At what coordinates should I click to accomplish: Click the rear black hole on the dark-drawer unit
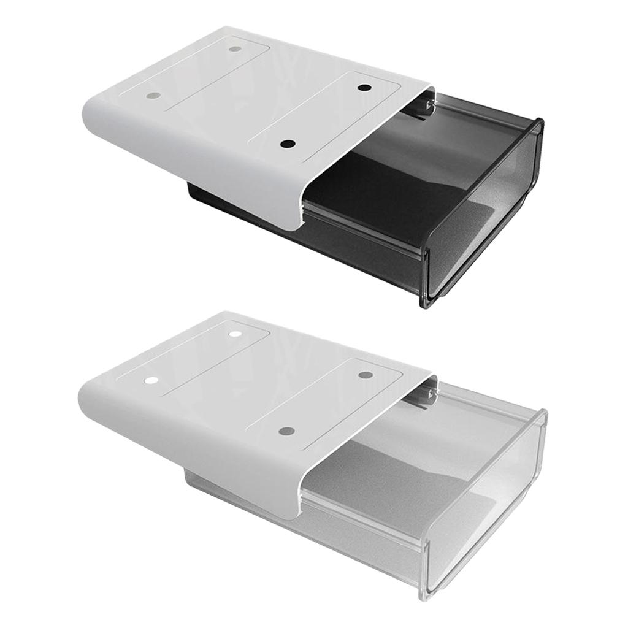364,88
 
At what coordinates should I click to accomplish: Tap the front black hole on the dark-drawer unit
287,144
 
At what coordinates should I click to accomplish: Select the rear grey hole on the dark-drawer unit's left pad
235,48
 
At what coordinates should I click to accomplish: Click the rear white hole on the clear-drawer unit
234,334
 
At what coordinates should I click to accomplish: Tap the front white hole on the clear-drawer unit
151,380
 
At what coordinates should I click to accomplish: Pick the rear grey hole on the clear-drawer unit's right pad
366,374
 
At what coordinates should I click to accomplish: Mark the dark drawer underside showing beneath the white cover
245,209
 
